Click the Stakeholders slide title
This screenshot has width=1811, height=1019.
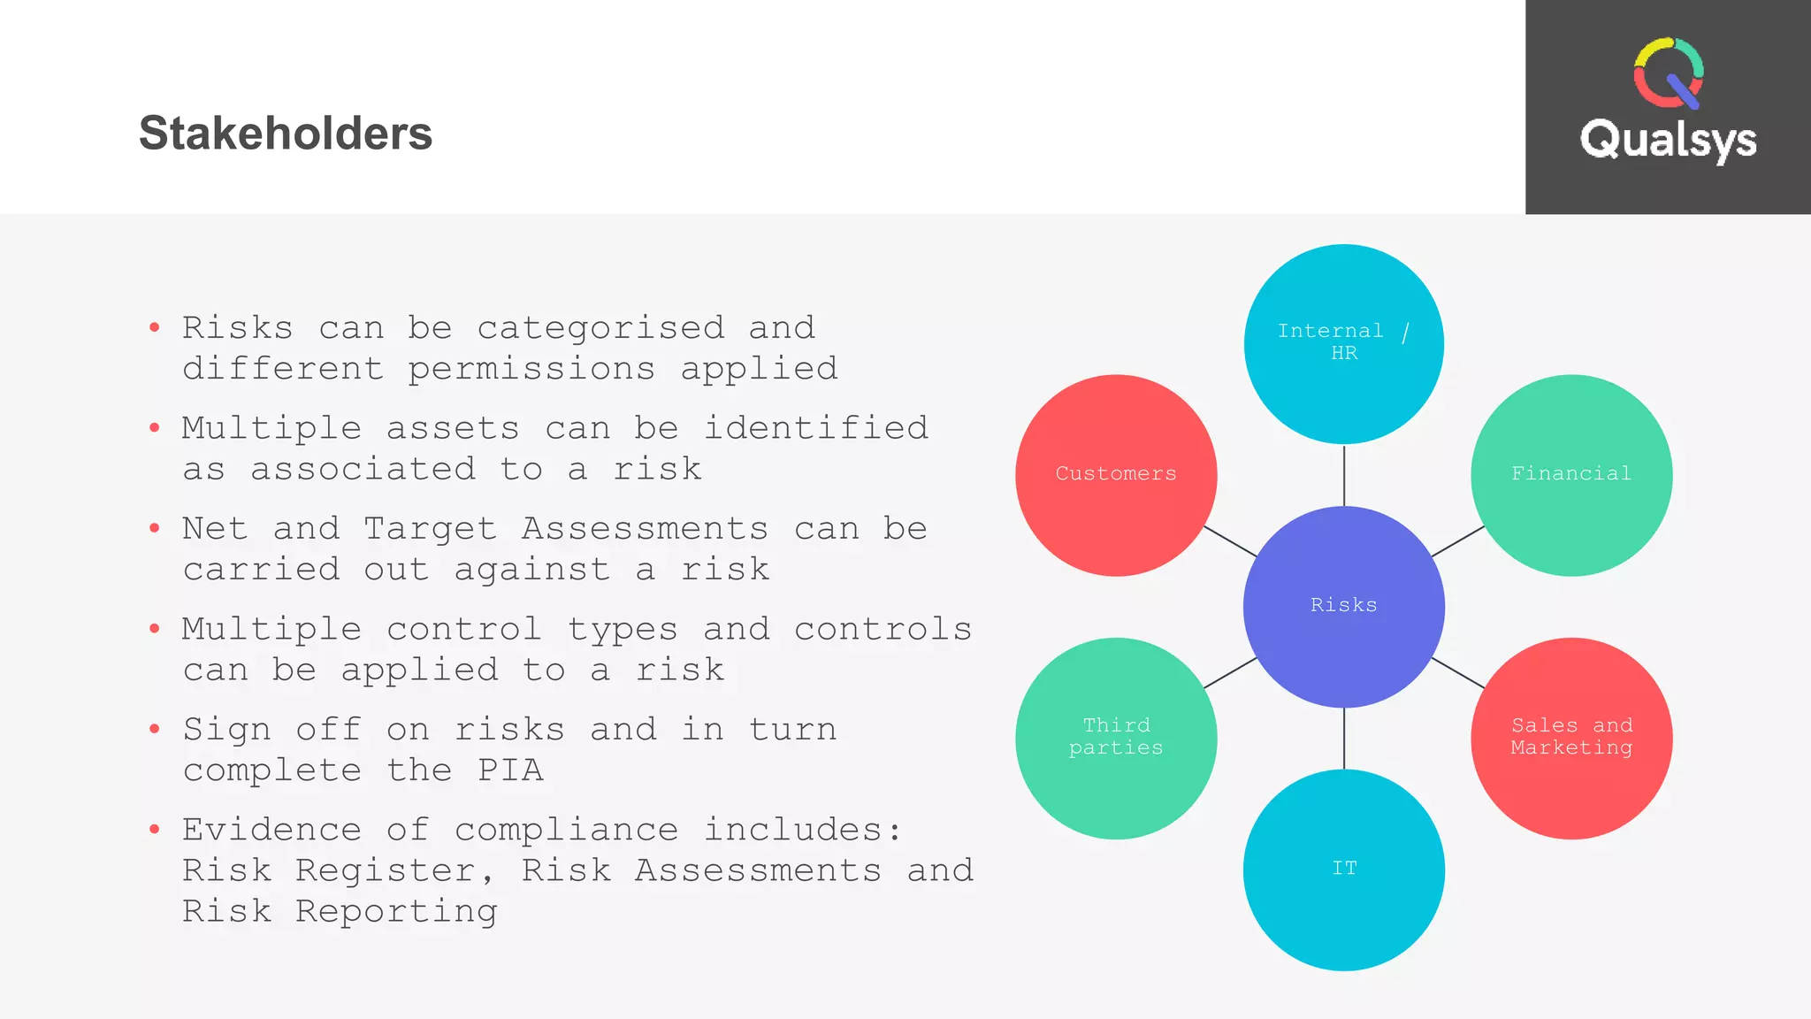(285, 134)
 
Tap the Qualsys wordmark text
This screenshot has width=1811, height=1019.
(1668, 140)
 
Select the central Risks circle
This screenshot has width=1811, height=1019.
(1343, 607)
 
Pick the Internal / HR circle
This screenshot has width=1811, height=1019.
(1343, 343)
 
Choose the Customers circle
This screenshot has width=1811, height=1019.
(1116, 475)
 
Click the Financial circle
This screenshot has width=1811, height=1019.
(1571, 475)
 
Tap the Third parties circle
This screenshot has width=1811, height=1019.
(1116, 738)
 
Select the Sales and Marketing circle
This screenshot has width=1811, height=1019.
(1571, 738)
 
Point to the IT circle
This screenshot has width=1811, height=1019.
(1343, 870)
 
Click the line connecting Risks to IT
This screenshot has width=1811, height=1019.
(1344, 739)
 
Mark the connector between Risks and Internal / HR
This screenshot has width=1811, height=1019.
(1344, 476)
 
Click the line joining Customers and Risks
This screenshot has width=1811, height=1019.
(1230, 540)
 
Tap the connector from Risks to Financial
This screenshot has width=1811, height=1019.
(1457, 540)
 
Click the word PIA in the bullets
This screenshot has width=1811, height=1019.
(510, 770)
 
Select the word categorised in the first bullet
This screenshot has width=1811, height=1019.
(600, 329)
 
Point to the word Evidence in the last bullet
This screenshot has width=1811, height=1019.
(271, 830)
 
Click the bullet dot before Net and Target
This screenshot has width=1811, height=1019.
(155, 529)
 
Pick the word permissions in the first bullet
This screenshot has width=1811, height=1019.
(531, 369)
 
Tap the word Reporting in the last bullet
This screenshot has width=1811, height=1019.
(396, 911)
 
